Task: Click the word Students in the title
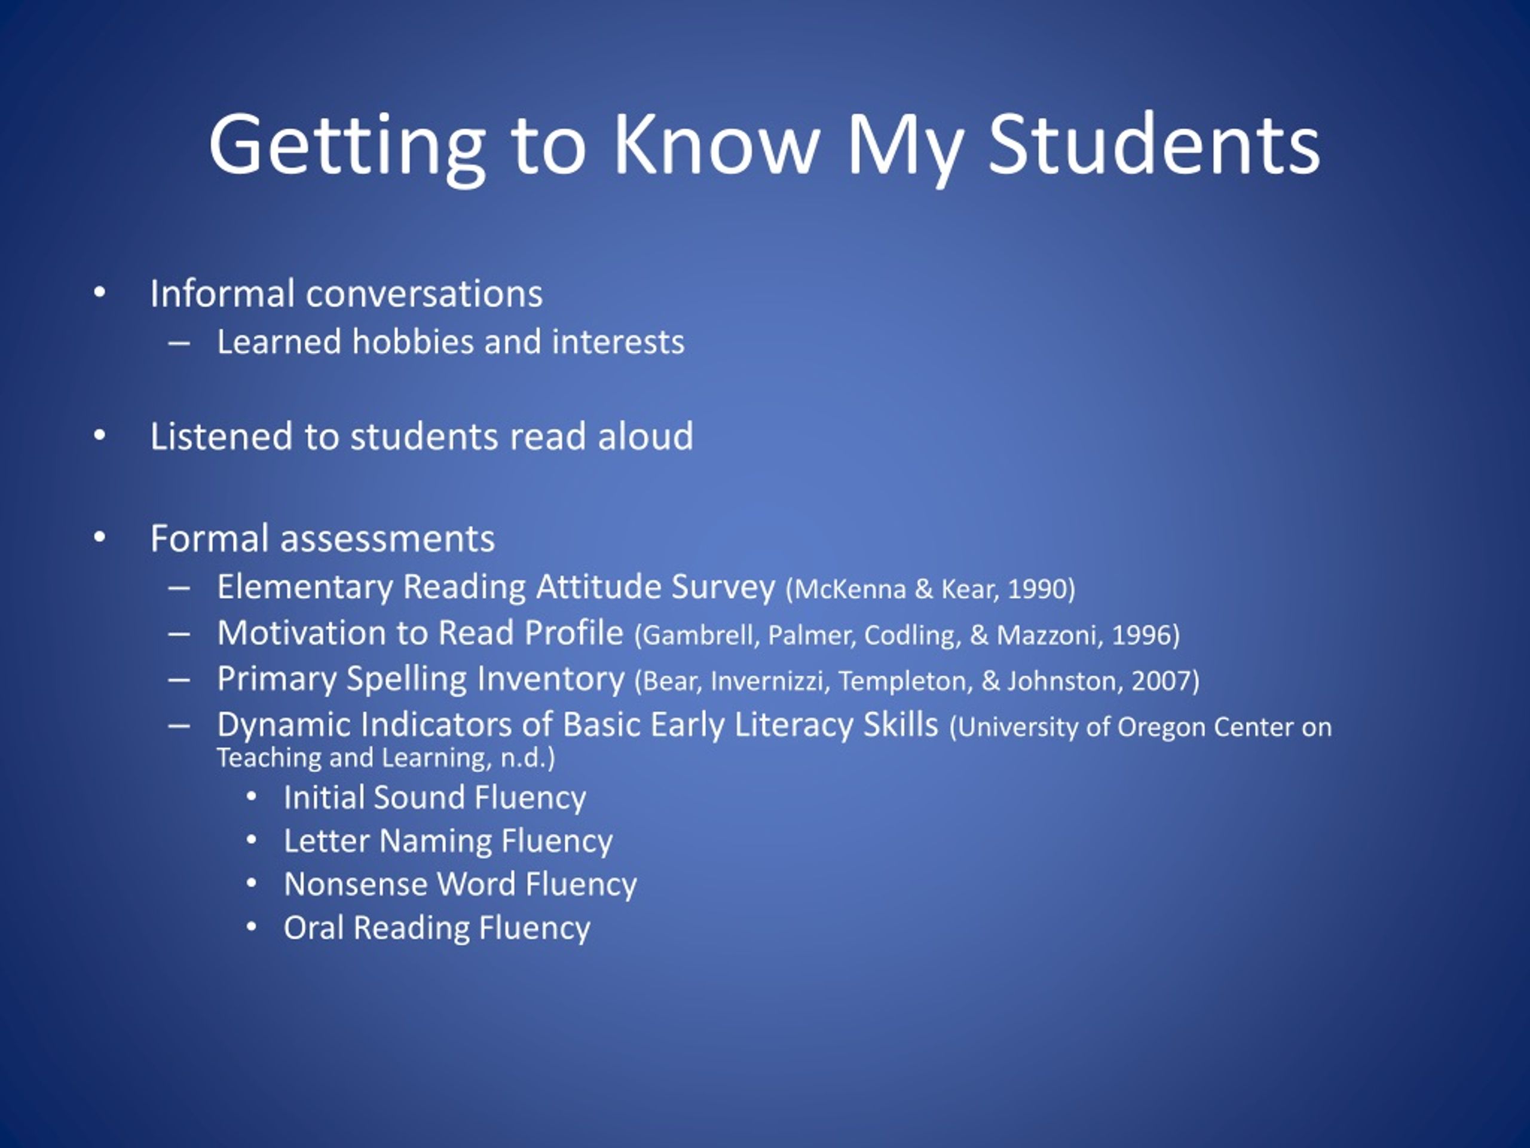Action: (1153, 145)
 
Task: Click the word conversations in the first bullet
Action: (424, 294)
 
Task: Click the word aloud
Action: (645, 436)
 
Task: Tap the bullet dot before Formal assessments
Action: (100, 538)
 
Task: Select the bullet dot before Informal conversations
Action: (100, 293)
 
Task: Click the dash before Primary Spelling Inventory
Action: (179, 680)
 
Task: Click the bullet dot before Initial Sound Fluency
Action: (251, 797)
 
